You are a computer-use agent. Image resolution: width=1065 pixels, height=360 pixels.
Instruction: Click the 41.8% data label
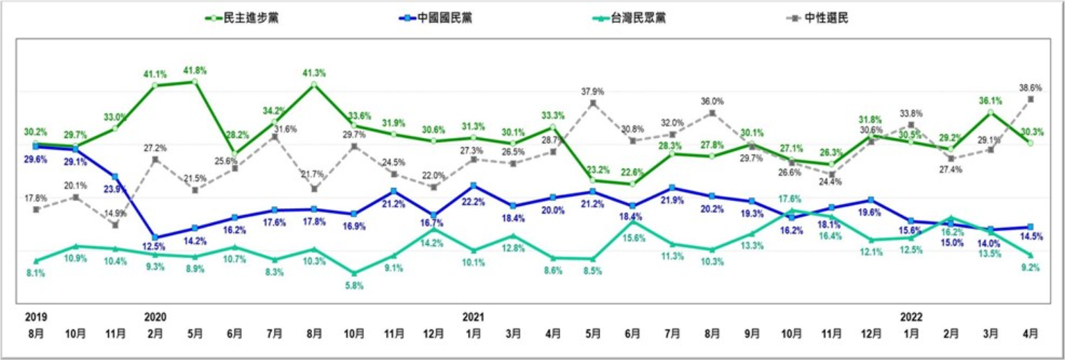pyautogui.click(x=196, y=71)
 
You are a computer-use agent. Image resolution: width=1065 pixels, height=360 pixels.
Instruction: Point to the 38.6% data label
pyautogui.click(x=1030, y=88)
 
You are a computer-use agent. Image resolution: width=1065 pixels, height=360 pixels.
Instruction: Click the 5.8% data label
pyautogui.click(x=354, y=285)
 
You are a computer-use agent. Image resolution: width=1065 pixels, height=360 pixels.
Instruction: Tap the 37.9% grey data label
pyautogui.click(x=592, y=91)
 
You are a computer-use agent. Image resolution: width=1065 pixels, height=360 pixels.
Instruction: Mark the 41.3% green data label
pyautogui.click(x=314, y=73)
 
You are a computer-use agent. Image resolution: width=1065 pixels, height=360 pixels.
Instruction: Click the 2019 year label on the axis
pyautogui.click(x=36, y=316)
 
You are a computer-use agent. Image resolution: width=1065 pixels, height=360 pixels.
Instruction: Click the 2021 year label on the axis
pyautogui.click(x=474, y=316)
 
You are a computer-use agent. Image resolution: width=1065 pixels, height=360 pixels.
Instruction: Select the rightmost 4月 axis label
pyautogui.click(x=1030, y=333)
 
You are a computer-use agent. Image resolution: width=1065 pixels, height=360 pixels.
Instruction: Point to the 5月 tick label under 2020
pyautogui.click(x=195, y=333)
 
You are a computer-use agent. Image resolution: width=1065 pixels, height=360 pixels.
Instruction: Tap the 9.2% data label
pyautogui.click(x=1031, y=267)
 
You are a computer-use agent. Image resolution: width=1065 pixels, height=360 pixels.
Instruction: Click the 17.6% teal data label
pyautogui.click(x=793, y=199)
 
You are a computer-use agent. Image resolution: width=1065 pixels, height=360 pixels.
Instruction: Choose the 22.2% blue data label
pyautogui.click(x=474, y=201)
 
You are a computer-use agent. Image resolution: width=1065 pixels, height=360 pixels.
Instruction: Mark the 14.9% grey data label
pyautogui.click(x=115, y=213)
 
